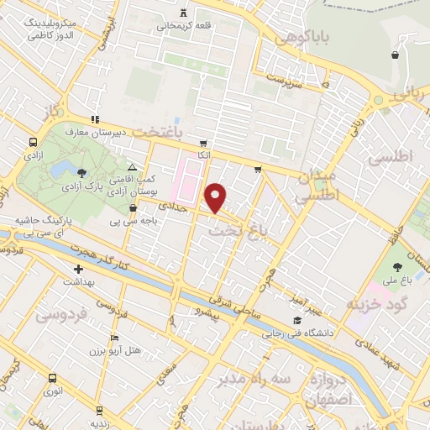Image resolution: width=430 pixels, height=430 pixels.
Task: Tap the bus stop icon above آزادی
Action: (x=33, y=142)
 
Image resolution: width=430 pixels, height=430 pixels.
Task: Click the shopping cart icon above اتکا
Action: (x=202, y=143)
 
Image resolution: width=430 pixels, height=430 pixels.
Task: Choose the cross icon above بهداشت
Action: (x=78, y=270)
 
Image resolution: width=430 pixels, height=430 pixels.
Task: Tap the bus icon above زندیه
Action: (x=100, y=410)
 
